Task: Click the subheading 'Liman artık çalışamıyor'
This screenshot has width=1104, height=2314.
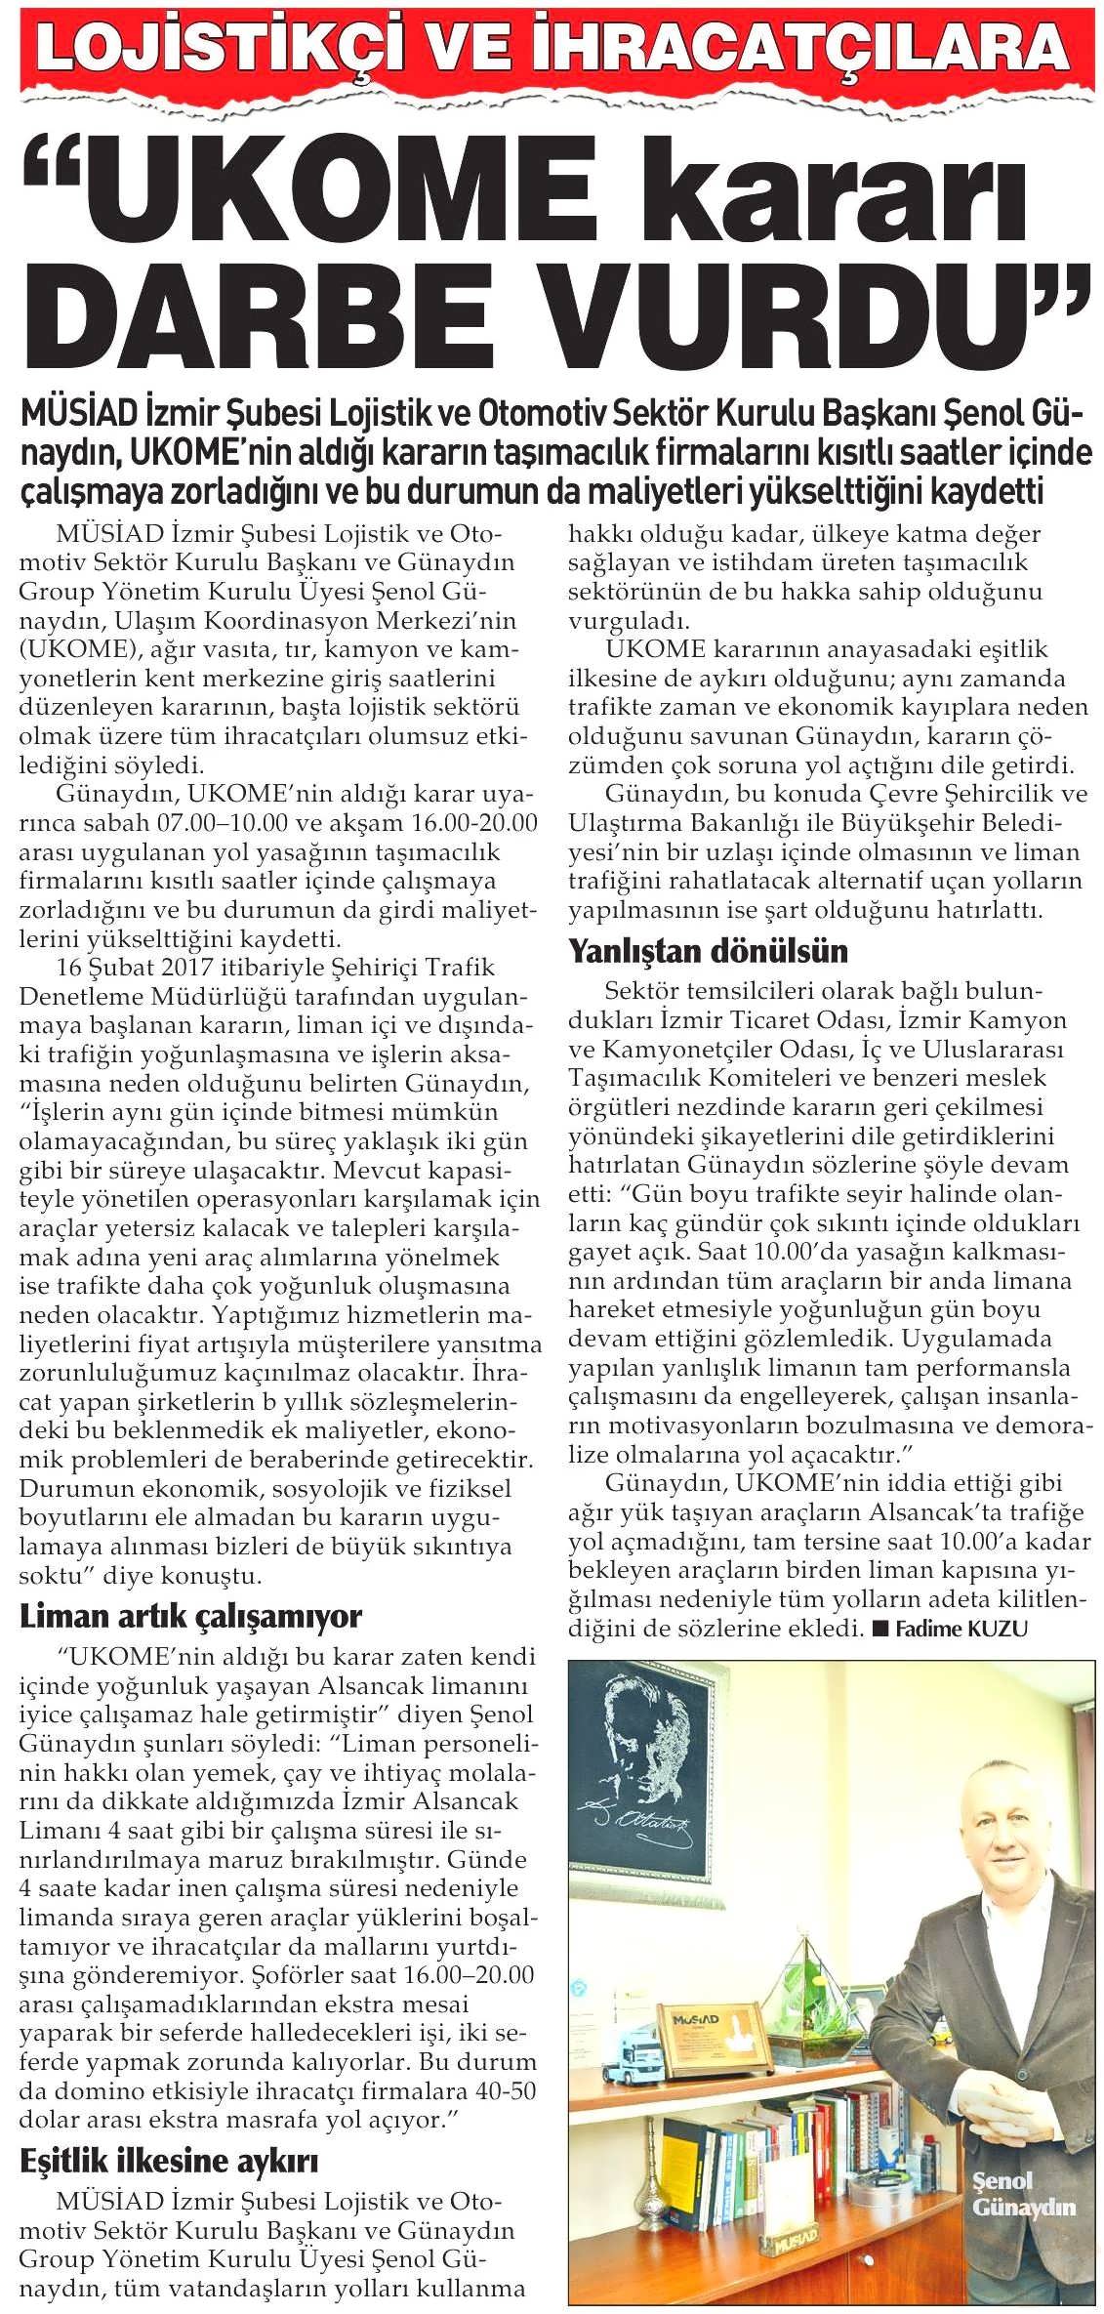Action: click(x=190, y=1615)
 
